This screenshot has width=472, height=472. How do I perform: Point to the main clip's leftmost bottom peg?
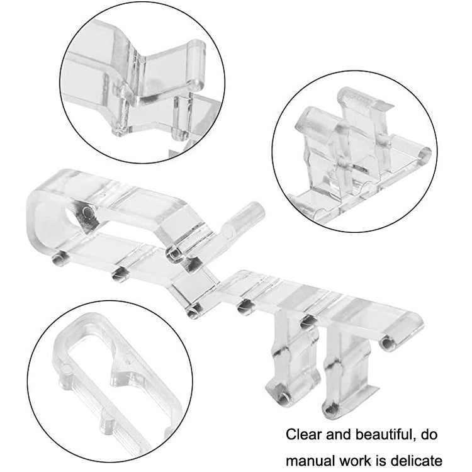point(59,259)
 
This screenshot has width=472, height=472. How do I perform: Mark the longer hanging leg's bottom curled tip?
point(330,408)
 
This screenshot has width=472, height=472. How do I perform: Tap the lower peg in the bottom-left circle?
point(107,421)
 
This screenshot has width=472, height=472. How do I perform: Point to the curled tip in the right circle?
point(424,154)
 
